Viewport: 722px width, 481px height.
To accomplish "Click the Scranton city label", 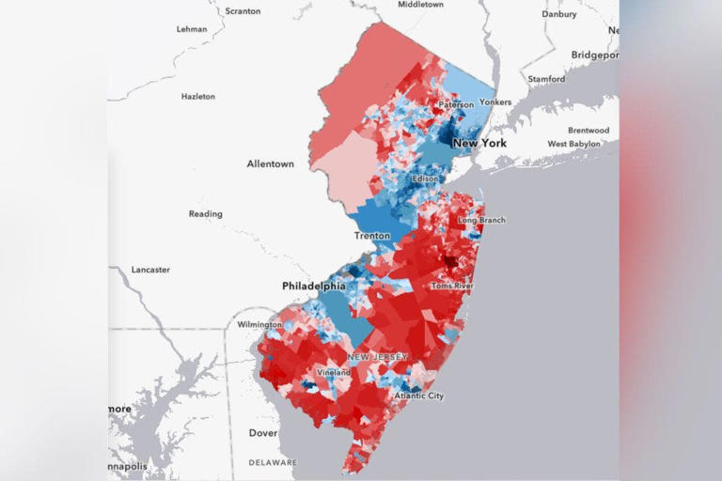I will point(243,10).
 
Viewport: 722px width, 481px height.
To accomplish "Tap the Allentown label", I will point(270,163).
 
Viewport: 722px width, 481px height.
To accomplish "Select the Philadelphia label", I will point(314,286).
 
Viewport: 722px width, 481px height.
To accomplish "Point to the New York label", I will point(479,143).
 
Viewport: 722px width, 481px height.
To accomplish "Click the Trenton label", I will point(371,235).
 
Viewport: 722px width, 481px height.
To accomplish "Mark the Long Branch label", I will point(481,221).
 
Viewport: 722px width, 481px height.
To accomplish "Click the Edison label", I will point(425,178).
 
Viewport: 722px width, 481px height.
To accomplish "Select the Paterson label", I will point(456,105).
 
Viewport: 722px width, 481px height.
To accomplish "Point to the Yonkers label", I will point(494,101).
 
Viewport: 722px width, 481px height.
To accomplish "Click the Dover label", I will point(263,433).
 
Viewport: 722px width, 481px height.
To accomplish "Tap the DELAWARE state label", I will point(273,462).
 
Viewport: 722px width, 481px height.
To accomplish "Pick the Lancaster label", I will point(150,270).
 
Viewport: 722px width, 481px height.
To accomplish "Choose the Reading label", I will point(205,214).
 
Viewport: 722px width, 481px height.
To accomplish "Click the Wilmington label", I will point(259,324).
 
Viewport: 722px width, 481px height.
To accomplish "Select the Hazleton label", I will point(197,96).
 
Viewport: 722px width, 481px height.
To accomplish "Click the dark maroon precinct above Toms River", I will point(450,261).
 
